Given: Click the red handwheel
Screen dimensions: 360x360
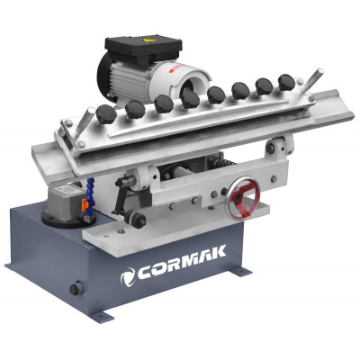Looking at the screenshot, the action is coord(244,198).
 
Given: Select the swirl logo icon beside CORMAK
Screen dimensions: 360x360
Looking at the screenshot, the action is coord(128,277).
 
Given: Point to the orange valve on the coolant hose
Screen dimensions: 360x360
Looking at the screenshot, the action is coord(85,204).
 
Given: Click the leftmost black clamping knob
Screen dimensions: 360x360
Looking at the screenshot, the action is coord(106,114).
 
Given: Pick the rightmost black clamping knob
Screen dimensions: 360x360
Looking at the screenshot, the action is coord(287,81).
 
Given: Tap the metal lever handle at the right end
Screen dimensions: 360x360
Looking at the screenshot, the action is coord(313,79).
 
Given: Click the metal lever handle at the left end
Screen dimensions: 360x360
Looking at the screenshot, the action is coord(82,122).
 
